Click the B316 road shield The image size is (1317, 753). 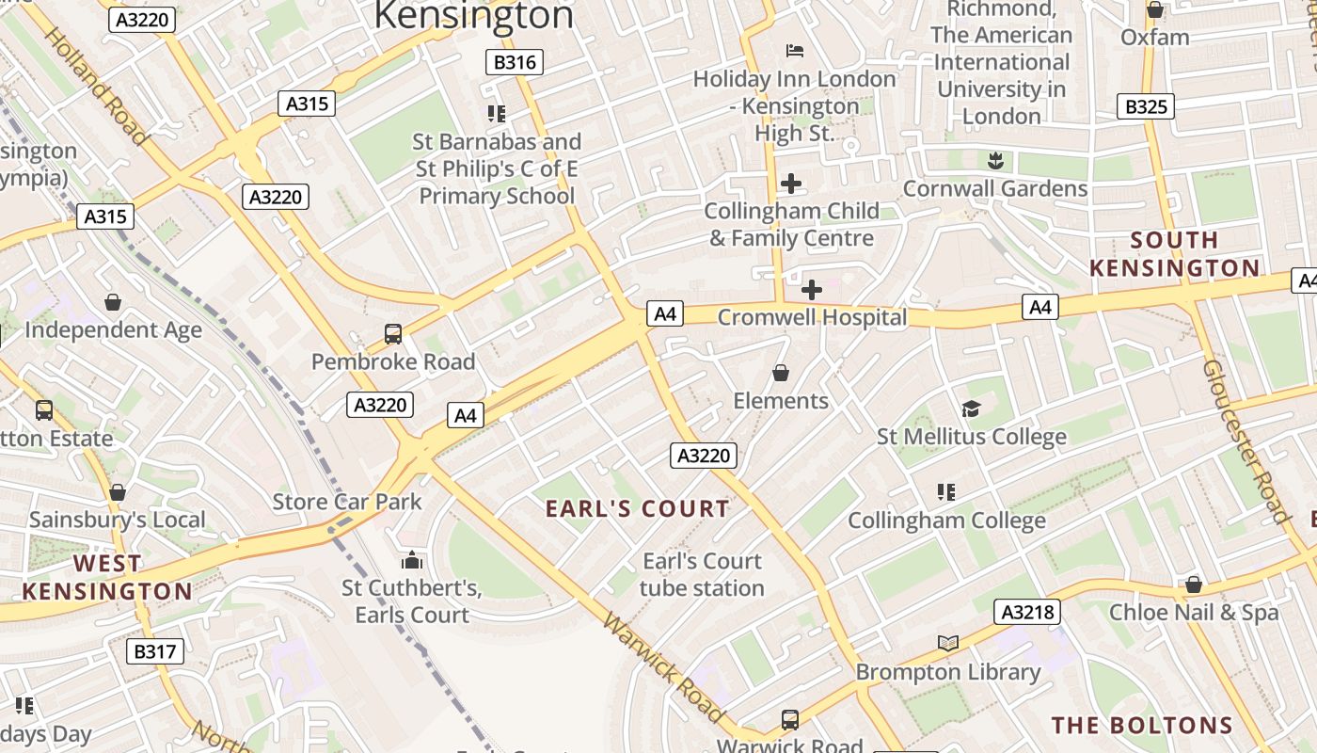pos(515,63)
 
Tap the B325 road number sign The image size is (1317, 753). pos(1146,106)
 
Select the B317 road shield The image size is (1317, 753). pos(155,650)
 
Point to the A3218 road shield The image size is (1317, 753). pos(1027,612)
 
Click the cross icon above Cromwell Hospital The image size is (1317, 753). pos(811,290)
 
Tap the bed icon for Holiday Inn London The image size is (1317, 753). pos(794,50)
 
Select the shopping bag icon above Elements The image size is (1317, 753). pos(780,374)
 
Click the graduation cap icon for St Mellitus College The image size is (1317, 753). pos(971,409)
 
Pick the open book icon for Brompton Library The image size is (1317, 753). pos(948,643)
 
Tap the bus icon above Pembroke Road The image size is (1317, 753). pos(393,333)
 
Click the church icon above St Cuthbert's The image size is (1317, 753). pos(412,561)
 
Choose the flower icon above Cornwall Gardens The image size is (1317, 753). pos(995,161)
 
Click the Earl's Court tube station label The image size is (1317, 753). pos(702,574)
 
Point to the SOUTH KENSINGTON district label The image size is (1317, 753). pos(1174,254)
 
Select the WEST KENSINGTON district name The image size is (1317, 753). pos(107,577)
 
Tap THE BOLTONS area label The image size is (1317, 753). pos(1142,725)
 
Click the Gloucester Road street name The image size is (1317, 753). pos(1244,441)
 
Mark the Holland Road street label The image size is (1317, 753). pos(97,87)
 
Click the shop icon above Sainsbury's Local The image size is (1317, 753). pos(118,492)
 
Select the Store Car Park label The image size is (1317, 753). pos(347,502)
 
